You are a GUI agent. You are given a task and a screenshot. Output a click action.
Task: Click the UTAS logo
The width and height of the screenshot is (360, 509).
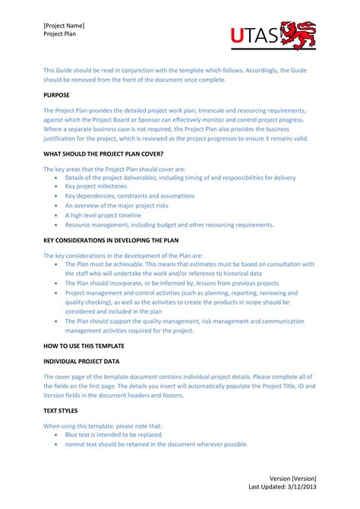[274, 36]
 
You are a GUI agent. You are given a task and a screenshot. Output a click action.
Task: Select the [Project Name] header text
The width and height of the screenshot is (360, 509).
[64, 25]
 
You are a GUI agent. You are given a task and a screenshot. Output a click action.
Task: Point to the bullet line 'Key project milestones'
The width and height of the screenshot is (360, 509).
[96, 186]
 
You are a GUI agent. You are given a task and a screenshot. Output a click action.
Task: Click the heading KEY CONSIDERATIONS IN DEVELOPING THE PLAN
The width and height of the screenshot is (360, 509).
[112, 239]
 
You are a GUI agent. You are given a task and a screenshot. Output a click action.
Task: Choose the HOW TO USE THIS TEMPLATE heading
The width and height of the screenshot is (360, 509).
[84, 346]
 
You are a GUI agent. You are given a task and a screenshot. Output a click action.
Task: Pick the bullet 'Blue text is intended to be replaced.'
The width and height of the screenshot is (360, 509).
[119, 435]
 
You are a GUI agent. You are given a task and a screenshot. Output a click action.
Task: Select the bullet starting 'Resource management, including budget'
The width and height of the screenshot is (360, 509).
[169, 225]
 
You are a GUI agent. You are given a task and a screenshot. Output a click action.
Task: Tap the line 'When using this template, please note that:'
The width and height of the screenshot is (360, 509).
[102, 425]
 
